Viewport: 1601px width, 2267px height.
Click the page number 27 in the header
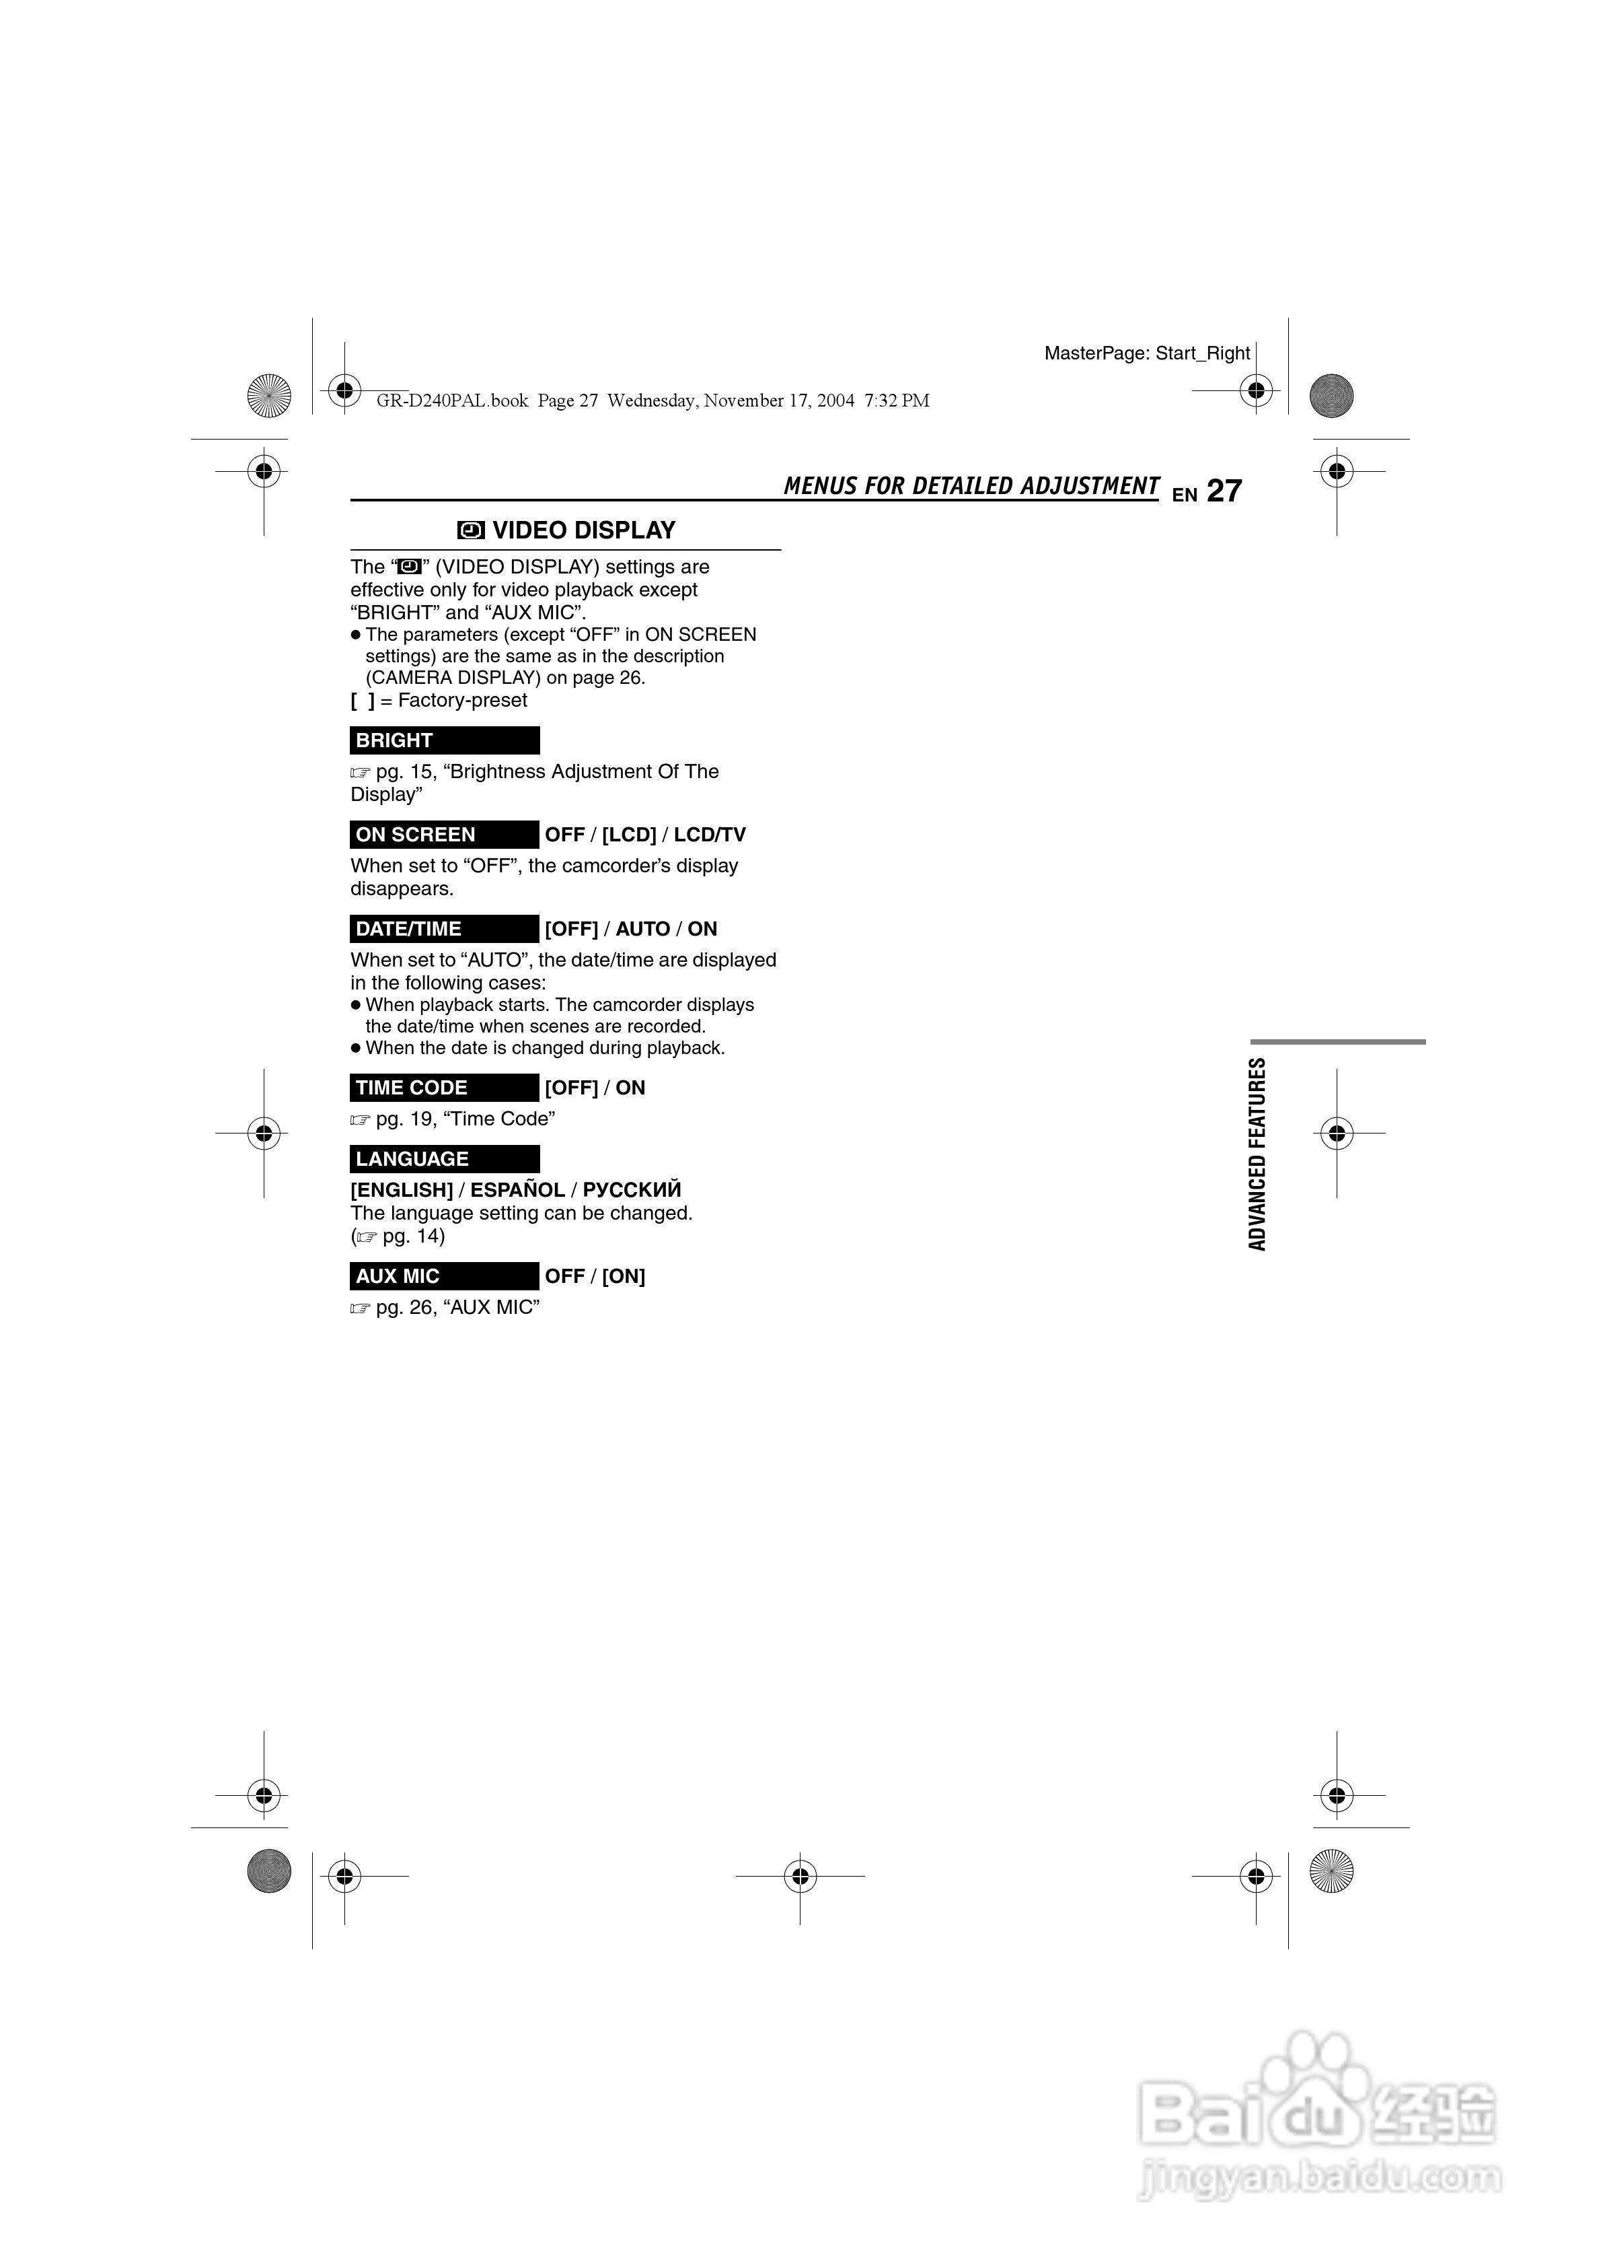[x=1224, y=491]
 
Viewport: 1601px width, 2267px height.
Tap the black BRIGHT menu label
[x=444, y=740]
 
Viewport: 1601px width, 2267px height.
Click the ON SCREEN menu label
[x=444, y=835]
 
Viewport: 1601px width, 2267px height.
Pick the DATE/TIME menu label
[x=444, y=929]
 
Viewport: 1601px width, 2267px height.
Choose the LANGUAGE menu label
[x=444, y=1159]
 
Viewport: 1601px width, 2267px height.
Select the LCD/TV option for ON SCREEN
[x=710, y=835]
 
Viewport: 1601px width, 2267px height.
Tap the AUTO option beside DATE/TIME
[x=642, y=929]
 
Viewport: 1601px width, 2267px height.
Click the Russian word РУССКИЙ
[x=632, y=1190]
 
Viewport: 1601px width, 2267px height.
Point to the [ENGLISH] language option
[x=402, y=1190]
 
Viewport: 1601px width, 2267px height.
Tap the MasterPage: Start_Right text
[x=1147, y=353]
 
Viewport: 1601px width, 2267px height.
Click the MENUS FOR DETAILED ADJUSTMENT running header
[x=971, y=486]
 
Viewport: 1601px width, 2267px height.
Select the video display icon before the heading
[x=471, y=531]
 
